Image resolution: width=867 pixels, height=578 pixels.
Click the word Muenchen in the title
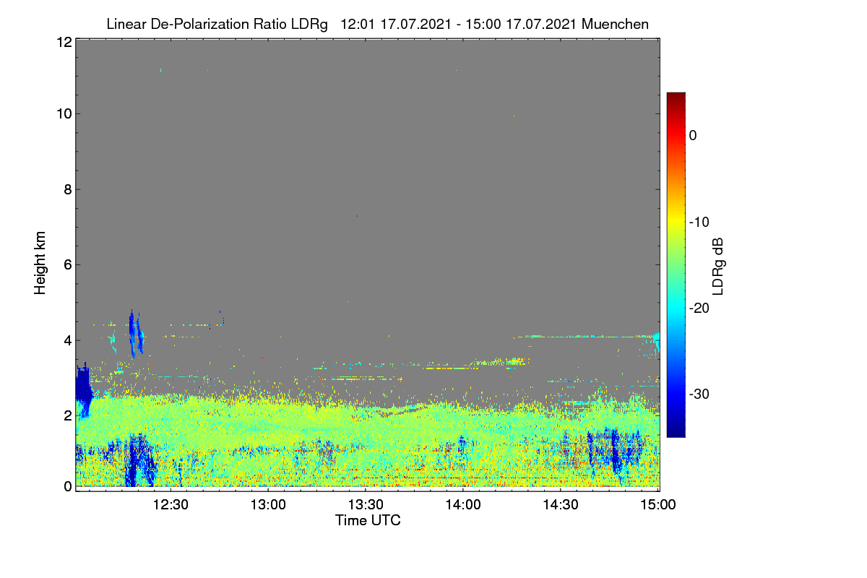[615, 24]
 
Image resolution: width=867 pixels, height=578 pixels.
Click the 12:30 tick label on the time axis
[171, 505]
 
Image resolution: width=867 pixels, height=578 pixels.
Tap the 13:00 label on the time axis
[268, 505]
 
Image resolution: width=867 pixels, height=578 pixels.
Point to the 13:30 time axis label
[366, 505]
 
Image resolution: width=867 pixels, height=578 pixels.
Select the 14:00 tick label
[463, 505]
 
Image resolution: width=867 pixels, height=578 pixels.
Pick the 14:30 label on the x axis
[561, 505]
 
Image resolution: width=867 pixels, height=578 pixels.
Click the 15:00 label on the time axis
[658, 505]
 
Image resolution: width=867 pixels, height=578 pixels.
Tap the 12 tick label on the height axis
[64, 42]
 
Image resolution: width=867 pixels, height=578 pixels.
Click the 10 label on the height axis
[64, 114]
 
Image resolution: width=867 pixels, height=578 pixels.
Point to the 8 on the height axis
[69, 190]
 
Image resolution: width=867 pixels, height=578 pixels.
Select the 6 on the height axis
[69, 265]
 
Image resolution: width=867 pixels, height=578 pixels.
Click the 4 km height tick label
[69, 341]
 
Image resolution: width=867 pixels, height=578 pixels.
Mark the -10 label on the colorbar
[699, 223]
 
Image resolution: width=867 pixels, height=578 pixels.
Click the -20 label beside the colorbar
[699, 309]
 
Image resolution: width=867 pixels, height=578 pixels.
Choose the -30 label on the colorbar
[699, 394]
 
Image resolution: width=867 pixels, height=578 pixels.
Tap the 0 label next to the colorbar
[693, 136]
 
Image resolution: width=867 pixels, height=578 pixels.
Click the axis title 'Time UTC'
[368, 520]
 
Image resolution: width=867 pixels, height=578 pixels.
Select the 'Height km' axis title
[40, 263]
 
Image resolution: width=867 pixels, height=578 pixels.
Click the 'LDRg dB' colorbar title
[717, 267]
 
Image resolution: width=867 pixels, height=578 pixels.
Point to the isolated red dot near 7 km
[357, 215]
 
